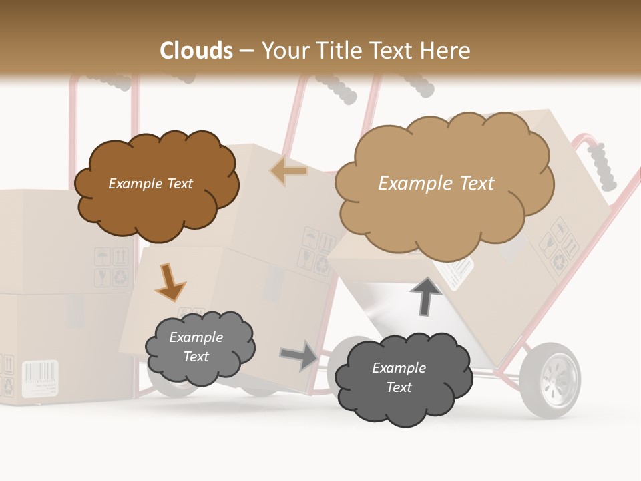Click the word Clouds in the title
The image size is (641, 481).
pos(196,51)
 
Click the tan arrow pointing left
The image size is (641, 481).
pos(289,171)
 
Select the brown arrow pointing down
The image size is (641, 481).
pos(170,283)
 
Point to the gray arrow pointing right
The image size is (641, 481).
pos(300,355)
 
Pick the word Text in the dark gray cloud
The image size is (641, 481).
pos(399,387)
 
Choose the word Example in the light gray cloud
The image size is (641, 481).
pos(196,337)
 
